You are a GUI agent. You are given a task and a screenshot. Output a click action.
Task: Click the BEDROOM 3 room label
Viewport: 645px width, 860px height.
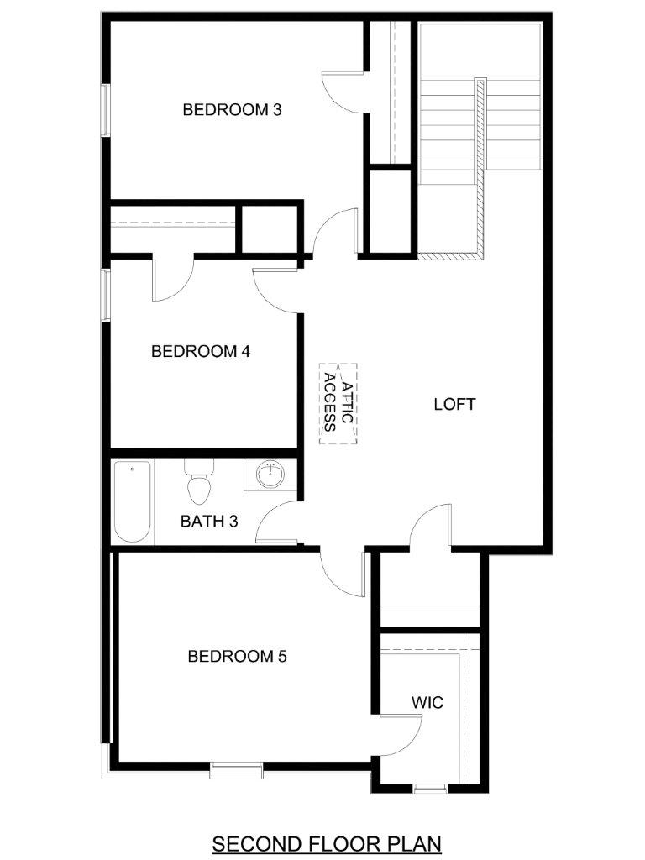point(232,110)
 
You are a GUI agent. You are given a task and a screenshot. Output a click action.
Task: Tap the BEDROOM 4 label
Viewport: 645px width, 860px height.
point(201,351)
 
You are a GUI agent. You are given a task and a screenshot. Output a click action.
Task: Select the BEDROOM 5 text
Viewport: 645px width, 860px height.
point(237,656)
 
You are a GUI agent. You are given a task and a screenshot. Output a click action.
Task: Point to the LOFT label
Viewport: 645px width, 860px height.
point(454,404)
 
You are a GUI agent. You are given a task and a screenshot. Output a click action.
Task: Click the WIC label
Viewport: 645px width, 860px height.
point(427,703)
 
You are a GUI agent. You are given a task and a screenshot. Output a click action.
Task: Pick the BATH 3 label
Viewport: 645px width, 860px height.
point(209,521)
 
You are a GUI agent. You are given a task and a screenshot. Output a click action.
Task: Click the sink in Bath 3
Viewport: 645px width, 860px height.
point(271,475)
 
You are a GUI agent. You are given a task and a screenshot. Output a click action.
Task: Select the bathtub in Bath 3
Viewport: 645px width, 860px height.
point(132,501)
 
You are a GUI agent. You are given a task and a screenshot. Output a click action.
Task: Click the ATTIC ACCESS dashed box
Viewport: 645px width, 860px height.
point(338,403)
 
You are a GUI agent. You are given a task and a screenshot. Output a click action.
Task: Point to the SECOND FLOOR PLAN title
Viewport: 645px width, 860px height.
point(327,843)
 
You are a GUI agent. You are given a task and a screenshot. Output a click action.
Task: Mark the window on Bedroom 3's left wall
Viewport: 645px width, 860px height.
point(105,110)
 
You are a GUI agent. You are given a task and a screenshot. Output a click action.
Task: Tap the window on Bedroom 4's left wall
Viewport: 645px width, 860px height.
point(105,295)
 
